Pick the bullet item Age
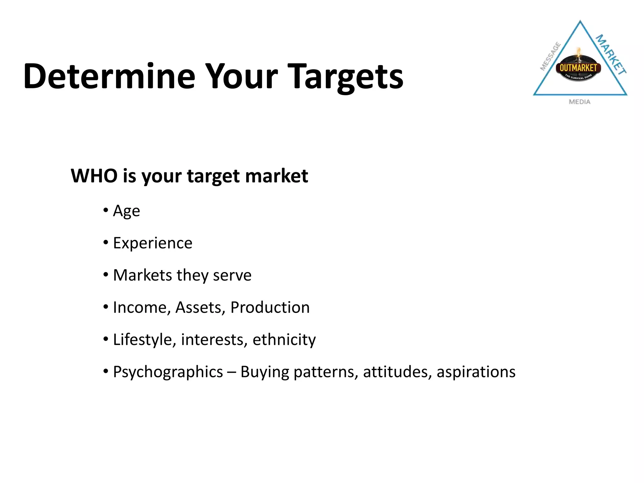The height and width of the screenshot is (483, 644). (x=126, y=211)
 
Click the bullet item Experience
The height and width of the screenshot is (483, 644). (x=153, y=243)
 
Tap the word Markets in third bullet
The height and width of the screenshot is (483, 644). (x=142, y=275)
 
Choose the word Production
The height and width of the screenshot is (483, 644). (x=270, y=308)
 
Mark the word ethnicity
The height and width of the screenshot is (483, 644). (x=284, y=340)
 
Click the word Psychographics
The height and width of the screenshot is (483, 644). (x=168, y=372)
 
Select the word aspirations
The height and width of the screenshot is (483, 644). (x=476, y=372)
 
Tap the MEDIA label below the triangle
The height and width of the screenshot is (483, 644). (x=580, y=102)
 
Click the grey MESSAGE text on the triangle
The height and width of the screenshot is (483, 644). (x=551, y=56)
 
